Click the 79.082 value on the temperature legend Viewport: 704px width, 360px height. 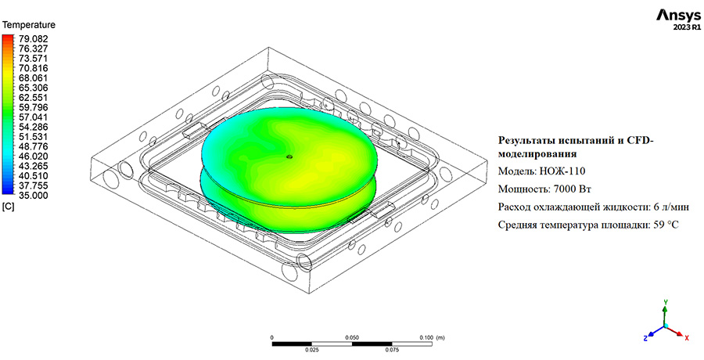pyautogui.click(x=33, y=38)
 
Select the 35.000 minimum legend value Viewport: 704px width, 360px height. pyautogui.click(x=33, y=196)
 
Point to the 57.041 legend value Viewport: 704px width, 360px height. pyautogui.click(x=33, y=117)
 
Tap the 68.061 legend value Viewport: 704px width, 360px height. pyautogui.click(x=33, y=78)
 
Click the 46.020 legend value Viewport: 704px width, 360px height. pyautogui.click(x=33, y=157)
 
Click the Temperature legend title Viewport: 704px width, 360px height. pyautogui.click(x=29, y=25)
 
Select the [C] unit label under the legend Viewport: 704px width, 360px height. pyautogui.click(x=9, y=207)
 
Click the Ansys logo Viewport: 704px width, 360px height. pyautogui.click(x=678, y=16)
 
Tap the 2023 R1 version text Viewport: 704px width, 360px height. pyautogui.click(x=687, y=27)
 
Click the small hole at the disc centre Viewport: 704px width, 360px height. pyautogui.click(x=289, y=157)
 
